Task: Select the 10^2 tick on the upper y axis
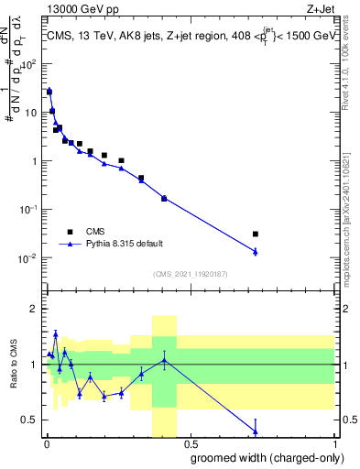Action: [x=29, y=65]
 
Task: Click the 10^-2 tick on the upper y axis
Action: [x=28, y=257]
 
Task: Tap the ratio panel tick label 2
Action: [x=34, y=309]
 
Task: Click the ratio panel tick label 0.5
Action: [x=30, y=420]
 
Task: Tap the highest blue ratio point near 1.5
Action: [x=55, y=334]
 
